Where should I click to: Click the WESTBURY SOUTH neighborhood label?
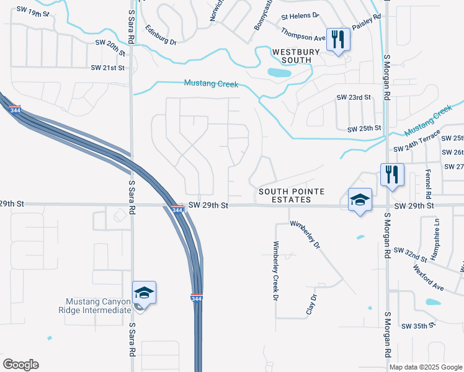pyautogui.click(x=295, y=55)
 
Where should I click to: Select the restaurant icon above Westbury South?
pyautogui.click(x=338, y=40)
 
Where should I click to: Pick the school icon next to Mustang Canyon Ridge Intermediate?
pyautogui.click(x=144, y=292)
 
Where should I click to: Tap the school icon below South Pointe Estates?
pyautogui.click(x=360, y=200)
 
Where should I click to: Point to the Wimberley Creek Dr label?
pyautogui.click(x=276, y=270)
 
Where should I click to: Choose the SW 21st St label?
pyautogui.click(x=108, y=68)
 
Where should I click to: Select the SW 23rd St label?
pyautogui.click(x=353, y=97)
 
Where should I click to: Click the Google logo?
pyautogui.click(x=20, y=365)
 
